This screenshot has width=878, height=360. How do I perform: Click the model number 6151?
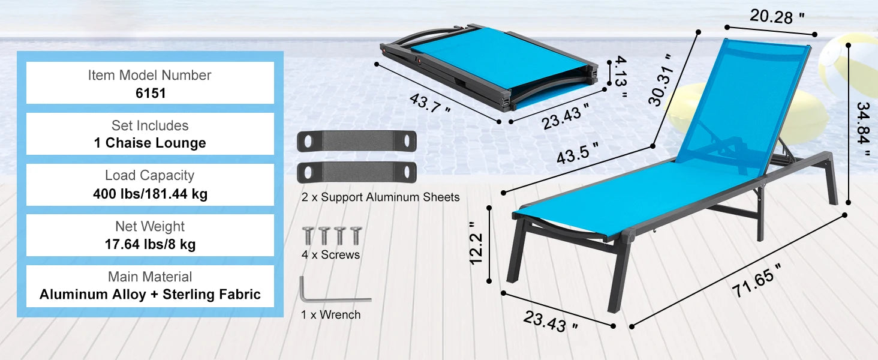click(151, 93)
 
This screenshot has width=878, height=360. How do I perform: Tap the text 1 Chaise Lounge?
click(150, 143)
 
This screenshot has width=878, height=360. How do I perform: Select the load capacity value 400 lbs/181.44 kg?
click(150, 194)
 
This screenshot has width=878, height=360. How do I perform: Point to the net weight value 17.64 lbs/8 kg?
click(150, 244)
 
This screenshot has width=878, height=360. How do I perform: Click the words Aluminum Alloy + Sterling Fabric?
click(150, 294)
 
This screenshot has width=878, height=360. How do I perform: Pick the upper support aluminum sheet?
click(357, 141)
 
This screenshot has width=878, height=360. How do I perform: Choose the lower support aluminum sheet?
click(357, 172)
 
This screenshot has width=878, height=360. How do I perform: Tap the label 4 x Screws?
click(330, 254)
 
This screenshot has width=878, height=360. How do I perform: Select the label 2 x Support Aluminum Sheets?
click(380, 197)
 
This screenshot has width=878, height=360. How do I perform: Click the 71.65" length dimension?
click(756, 281)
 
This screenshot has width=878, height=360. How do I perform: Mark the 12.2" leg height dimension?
click(476, 243)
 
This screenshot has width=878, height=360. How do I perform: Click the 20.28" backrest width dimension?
click(777, 16)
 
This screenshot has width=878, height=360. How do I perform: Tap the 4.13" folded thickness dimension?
click(621, 76)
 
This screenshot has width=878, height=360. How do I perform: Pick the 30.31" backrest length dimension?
click(661, 80)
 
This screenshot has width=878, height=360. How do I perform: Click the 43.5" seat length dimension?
click(578, 153)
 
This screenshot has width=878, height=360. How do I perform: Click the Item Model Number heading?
click(149, 75)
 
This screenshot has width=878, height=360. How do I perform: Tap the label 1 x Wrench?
click(330, 314)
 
